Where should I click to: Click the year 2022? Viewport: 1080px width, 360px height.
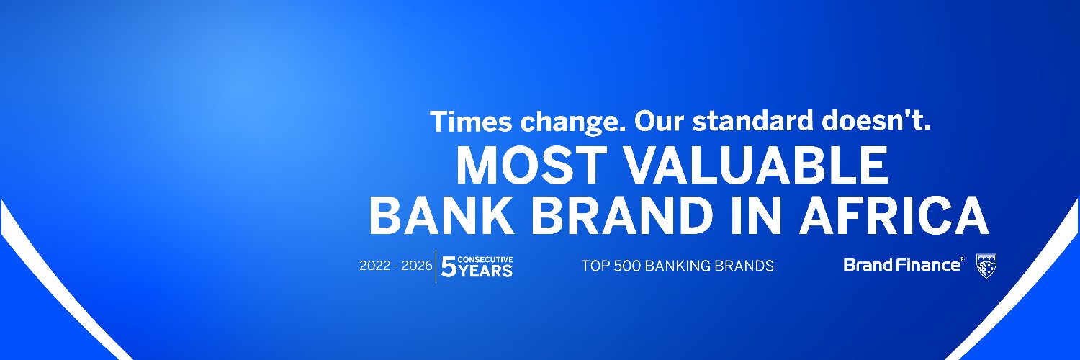(x=374, y=266)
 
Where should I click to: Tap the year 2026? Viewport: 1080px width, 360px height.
(x=418, y=266)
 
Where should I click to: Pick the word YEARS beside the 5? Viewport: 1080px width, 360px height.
(x=486, y=271)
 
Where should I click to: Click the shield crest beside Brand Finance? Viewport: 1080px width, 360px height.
(x=986, y=266)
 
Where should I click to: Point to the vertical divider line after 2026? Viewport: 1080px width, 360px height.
(x=436, y=266)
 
